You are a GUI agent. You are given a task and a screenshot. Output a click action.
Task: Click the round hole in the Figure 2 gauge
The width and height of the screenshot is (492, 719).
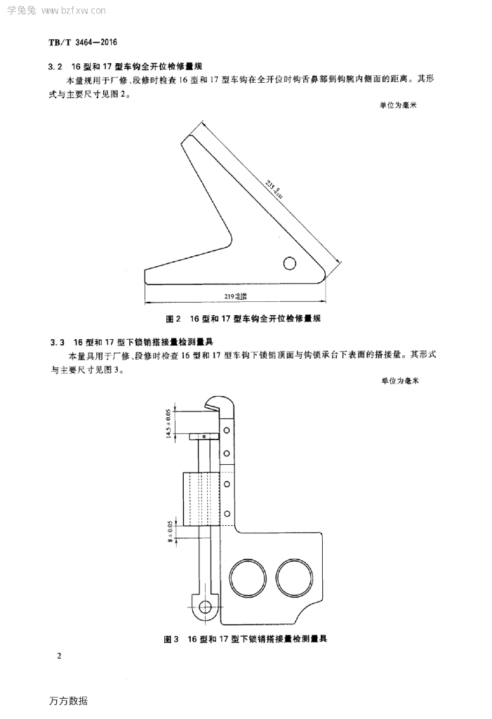coord(289,263)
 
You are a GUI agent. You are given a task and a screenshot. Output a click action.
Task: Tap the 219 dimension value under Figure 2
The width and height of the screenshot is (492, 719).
coord(236,296)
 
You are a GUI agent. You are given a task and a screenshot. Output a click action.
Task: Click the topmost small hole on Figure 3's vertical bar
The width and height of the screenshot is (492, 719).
coord(226,428)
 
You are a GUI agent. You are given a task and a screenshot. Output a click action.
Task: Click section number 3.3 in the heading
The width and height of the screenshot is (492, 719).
coord(58,342)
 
